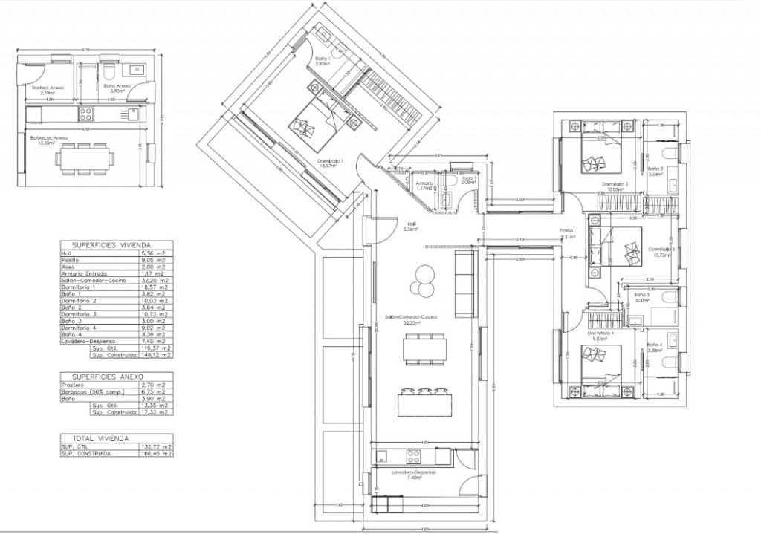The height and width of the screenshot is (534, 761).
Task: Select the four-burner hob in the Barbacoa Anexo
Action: (86, 114)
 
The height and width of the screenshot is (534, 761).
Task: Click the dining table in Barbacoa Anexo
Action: (88, 157)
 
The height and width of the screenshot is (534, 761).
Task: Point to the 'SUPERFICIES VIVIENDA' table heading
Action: (116, 244)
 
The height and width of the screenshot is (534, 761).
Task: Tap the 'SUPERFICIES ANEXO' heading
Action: (116, 377)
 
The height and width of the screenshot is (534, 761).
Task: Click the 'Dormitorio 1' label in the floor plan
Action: (327, 163)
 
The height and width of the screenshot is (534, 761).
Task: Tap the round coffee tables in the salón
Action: (424, 280)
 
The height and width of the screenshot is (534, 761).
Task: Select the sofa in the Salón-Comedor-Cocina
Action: (464, 284)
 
